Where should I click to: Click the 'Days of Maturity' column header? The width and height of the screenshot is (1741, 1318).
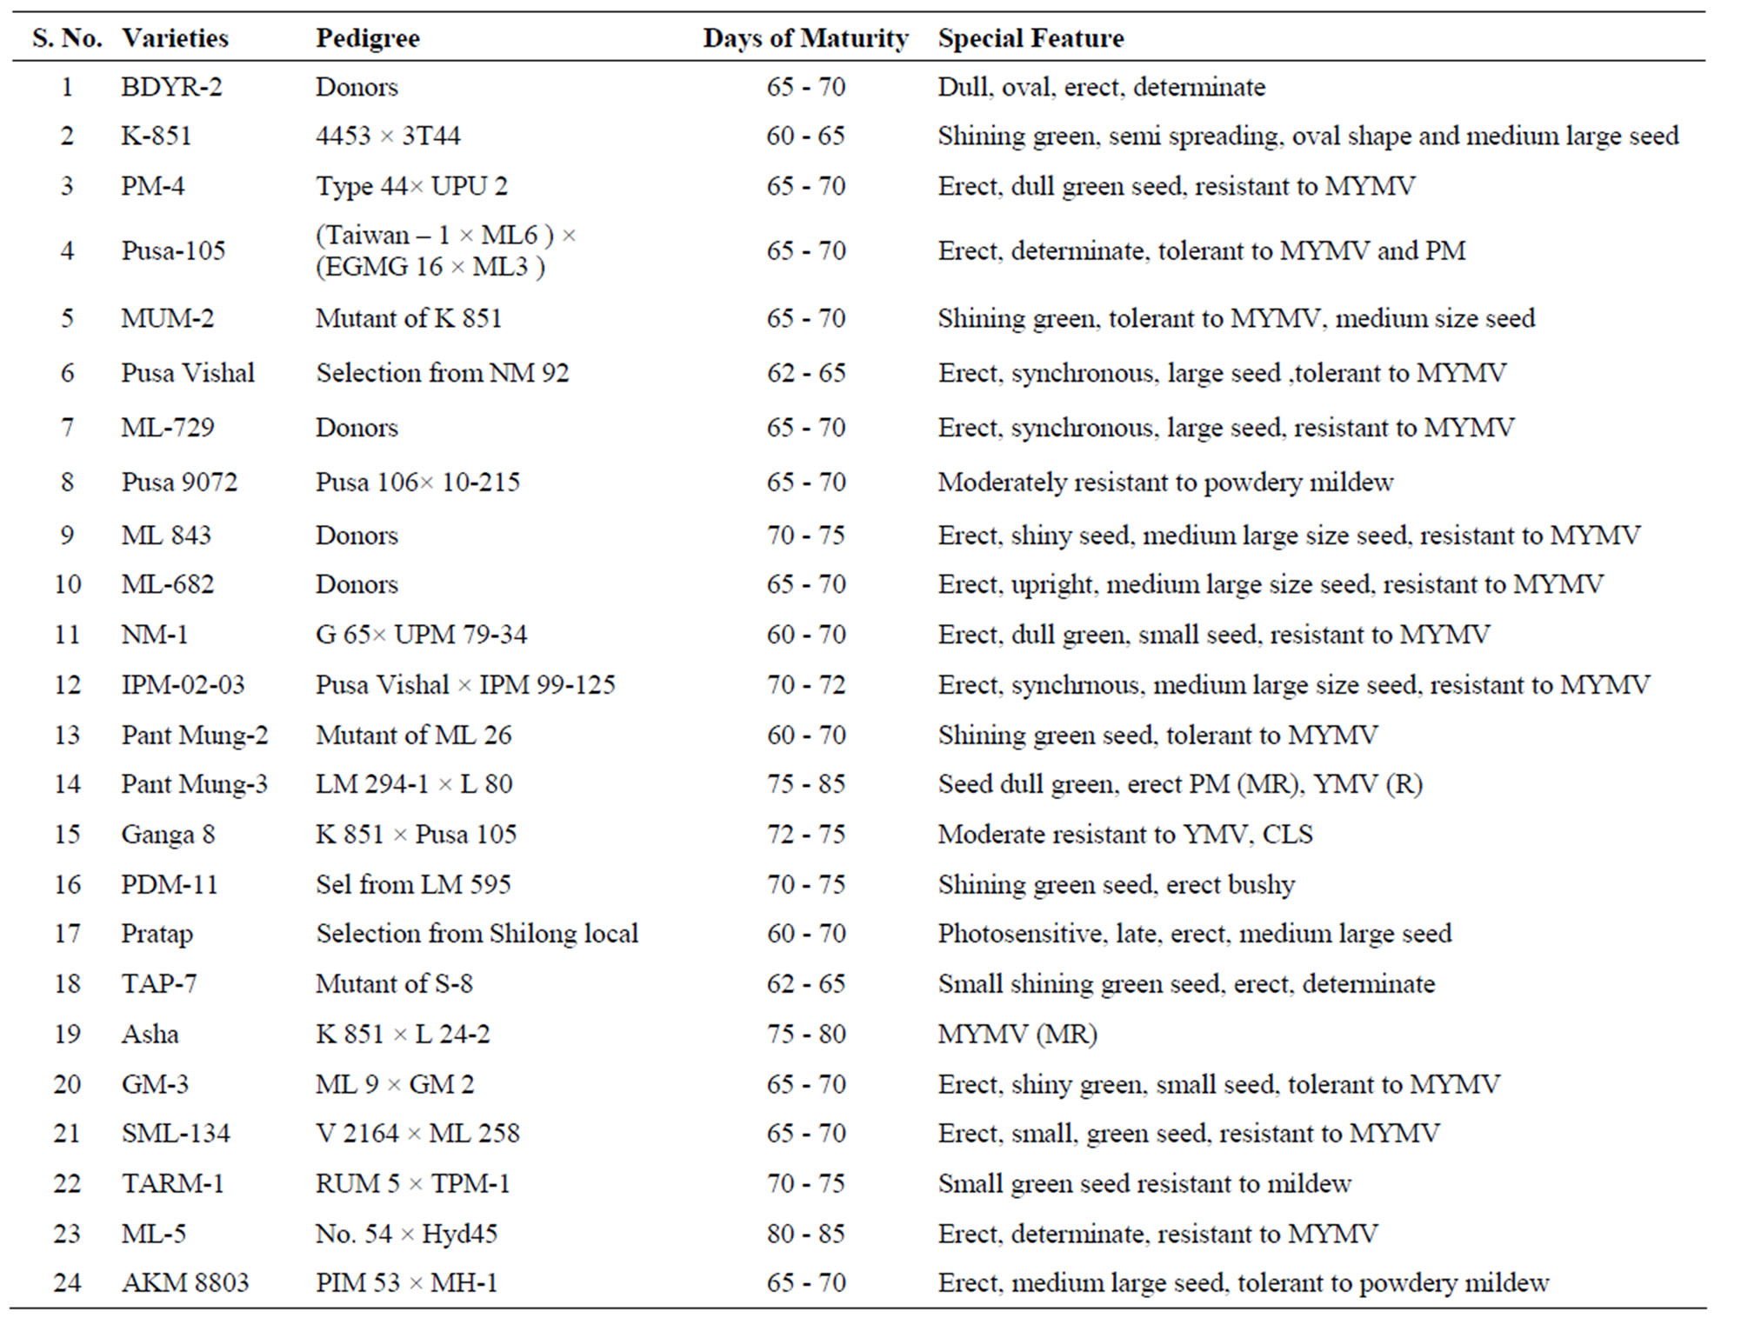point(805,38)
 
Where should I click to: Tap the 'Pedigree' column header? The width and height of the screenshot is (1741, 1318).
point(367,39)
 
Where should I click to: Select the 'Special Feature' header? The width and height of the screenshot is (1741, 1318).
point(1031,38)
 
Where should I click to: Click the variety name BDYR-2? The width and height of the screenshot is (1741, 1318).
point(171,87)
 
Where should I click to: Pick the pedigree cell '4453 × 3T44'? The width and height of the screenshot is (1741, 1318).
point(388,136)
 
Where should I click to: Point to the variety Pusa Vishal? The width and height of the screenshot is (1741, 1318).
point(188,373)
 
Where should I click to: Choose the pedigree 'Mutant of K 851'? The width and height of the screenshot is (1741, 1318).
point(409,318)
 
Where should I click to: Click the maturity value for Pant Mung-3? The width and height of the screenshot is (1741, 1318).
point(806,784)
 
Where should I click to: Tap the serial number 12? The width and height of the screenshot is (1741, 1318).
point(67,685)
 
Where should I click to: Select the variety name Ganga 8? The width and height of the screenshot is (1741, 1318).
point(168,835)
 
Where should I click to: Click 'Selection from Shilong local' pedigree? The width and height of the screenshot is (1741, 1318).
point(477,934)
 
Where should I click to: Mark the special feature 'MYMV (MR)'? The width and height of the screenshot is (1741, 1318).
point(1017,1035)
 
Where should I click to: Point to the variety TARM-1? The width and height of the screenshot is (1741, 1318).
point(172,1184)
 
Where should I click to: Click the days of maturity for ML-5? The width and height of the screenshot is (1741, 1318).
point(806,1235)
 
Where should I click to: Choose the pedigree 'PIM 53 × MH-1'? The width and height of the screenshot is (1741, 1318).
point(406,1283)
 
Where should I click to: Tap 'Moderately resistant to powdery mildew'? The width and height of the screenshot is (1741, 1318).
point(1165,483)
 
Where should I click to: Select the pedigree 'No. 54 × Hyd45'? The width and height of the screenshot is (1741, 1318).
point(406,1235)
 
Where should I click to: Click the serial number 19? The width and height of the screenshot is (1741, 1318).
point(67,1035)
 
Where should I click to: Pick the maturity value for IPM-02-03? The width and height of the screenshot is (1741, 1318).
point(806,685)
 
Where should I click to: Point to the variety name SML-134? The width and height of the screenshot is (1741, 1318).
point(176,1134)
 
